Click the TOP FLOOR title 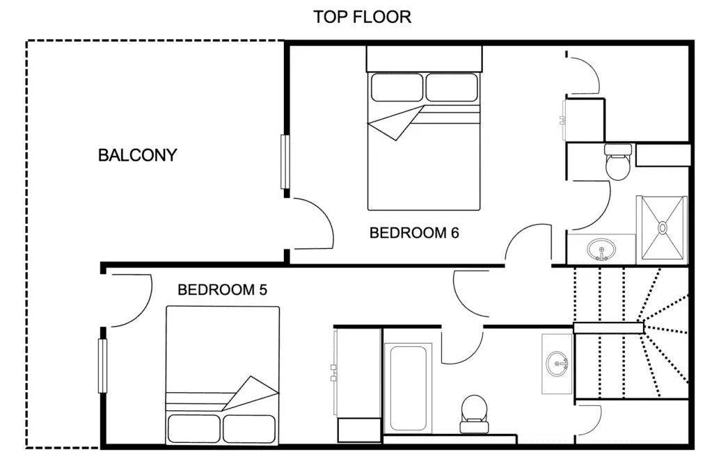tap(363, 17)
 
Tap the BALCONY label tap(137, 155)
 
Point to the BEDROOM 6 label tap(414, 233)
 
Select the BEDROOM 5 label tap(222, 289)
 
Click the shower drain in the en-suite tap(663, 227)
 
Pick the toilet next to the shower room tap(618, 162)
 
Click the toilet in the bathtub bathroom tap(474, 414)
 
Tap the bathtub tap(408, 389)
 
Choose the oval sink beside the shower tap(601, 250)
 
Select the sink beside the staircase tap(557, 364)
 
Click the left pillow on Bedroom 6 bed tap(397, 87)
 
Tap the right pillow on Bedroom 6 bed tap(452, 87)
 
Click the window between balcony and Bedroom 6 tap(285, 162)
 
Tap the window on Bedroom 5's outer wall tap(102, 366)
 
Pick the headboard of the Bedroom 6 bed tap(424, 58)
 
